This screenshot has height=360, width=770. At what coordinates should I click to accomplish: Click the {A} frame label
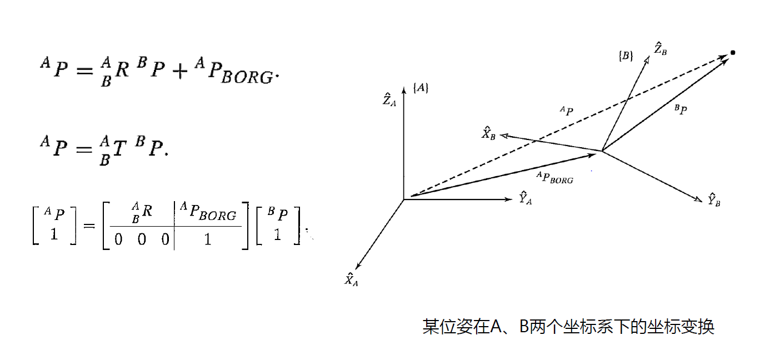(421, 88)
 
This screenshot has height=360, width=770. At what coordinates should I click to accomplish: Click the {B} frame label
(626, 56)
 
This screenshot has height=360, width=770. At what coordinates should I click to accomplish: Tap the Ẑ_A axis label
(389, 100)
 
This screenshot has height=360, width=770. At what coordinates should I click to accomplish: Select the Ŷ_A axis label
(525, 198)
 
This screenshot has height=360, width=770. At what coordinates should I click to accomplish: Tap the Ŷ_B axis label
(714, 201)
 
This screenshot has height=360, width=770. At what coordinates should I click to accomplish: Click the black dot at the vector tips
(733, 53)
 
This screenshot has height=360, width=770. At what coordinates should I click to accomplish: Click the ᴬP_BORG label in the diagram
(554, 178)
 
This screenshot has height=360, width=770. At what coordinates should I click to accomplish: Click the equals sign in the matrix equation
(88, 226)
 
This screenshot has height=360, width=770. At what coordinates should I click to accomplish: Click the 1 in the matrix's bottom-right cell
(208, 239)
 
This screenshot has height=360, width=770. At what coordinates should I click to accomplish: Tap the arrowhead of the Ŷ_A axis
(508, 199)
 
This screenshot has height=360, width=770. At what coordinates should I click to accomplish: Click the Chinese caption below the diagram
(568, 327)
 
